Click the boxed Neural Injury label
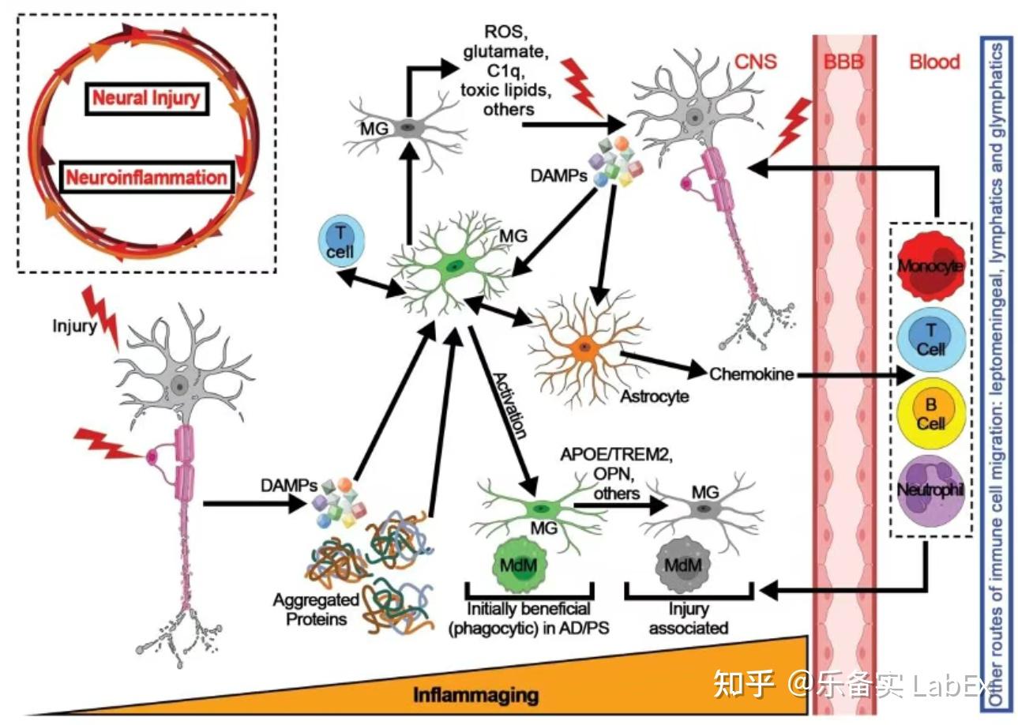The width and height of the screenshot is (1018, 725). tap(147, 99)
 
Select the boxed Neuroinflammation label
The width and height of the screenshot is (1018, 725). tap(147, 177)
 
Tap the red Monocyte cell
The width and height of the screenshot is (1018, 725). tap(930, 267)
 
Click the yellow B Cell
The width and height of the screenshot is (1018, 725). tap(931, 414)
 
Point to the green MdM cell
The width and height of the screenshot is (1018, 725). tap(520, 565)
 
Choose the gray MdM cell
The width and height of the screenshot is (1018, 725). tap(683, 565)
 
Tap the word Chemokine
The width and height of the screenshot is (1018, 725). tap(752, 374)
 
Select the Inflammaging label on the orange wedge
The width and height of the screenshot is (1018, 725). tap(475, 695)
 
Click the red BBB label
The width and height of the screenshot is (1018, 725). tap(843, 62)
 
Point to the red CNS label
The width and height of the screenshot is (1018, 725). tap(756, 62)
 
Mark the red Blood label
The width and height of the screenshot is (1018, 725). tap(935, 62)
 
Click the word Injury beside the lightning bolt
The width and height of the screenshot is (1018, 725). tap(74, 326)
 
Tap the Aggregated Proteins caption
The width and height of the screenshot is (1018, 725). tap(317, 610)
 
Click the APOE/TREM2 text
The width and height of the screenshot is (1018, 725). tap(617, 455)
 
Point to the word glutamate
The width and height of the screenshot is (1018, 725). tap(505, 52)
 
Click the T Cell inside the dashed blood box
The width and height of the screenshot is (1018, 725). tap(931, 340)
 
